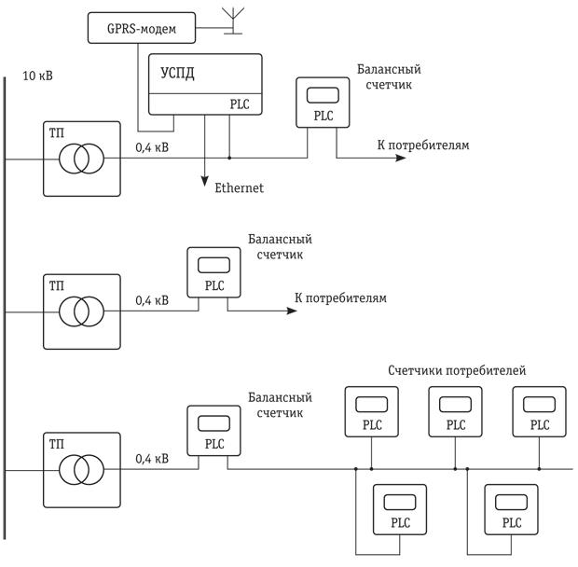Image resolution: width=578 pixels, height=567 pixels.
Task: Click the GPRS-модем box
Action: coord(142,28)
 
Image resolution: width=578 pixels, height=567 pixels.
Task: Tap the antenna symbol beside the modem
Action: coord(233,21)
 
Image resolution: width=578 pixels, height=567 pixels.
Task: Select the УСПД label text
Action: coord(177,74)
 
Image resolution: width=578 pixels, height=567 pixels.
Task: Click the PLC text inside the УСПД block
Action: coord(240,104)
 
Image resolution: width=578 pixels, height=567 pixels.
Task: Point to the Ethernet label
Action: coord(240,188)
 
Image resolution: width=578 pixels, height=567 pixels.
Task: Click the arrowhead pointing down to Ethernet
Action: coord(204,181)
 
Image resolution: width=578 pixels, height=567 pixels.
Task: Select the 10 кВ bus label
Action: coord(37,76)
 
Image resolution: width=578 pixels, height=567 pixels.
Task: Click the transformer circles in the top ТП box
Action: coord(81,159)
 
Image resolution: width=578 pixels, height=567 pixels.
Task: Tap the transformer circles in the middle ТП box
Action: coord(81,311)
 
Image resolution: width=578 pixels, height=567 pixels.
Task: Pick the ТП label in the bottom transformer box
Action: coord(56,445)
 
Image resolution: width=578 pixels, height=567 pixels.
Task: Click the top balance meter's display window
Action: coord(323,95)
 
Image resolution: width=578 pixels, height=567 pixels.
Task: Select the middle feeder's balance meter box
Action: coord(213,272)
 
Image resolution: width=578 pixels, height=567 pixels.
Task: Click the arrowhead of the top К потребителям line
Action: coord(401,158)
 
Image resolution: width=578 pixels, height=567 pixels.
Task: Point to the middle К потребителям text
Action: coord(340,297)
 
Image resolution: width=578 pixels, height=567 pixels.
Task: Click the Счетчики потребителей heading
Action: coord(457,370)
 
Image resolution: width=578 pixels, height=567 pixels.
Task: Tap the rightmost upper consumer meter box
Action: coord(539,412)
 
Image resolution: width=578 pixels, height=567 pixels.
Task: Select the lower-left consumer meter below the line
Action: coord(400,509)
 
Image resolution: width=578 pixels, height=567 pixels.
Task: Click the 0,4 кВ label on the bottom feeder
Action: coord(152,459)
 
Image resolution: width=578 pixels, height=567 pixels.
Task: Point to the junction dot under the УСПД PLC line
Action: coord(229,158)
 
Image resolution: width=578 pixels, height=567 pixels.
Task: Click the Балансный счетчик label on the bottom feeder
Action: coord(281,405)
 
